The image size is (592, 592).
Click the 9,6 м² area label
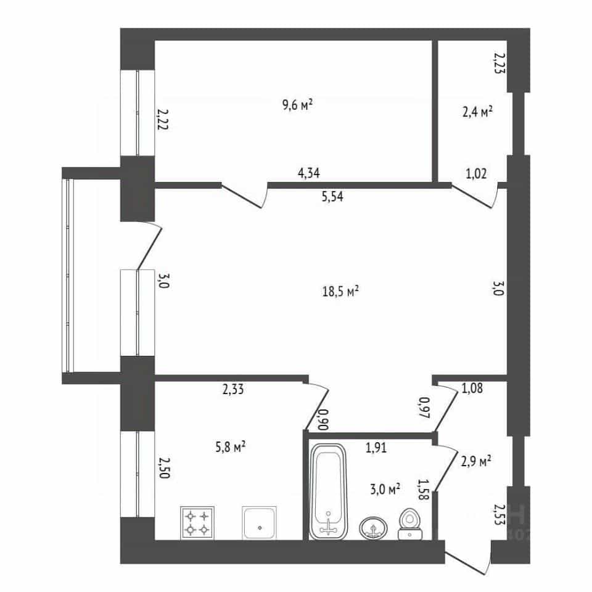click(x=297, y=105)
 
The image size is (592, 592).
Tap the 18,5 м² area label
click(x=340, y=292)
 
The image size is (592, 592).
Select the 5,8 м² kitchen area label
click(x=231, y=447)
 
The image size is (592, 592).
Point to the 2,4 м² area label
click(x=477, y=112)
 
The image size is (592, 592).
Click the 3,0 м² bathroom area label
click(x=385, y=490)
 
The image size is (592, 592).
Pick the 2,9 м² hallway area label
click(x=476, y=461)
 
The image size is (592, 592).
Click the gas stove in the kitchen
click(x=197, y=522)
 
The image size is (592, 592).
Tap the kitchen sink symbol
click(x=260, y=522)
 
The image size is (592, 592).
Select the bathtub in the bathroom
click(x=328, y=491)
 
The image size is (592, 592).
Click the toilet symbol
click(x=410, y=524)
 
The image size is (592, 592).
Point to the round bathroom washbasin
click(x=374, y=527)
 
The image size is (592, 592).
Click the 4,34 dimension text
click(x=309, y=173)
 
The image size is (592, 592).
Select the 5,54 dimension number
click(x=332, y=197)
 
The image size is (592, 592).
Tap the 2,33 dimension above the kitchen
click(x=233, y=389)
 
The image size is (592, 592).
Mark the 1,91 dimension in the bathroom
click(x=376, y=448)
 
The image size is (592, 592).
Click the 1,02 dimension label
click(x=476, y=174)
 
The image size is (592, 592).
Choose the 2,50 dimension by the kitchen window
click(x=164, y=468)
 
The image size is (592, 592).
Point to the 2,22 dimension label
click(x=163, y=119)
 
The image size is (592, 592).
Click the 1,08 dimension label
click(x=472, y=388)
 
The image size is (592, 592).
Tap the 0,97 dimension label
click(x=424, y=408)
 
